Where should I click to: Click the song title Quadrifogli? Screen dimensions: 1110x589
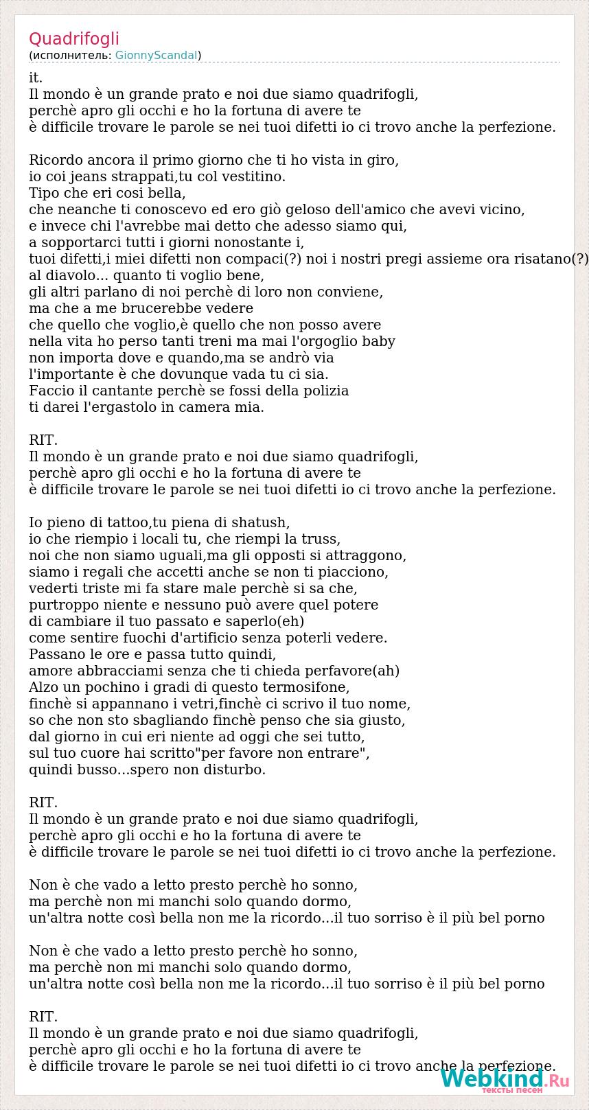[x=74, y=39]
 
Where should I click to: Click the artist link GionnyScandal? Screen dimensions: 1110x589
[x=157, y=56]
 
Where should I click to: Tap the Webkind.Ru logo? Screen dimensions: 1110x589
[x=505, y=1080]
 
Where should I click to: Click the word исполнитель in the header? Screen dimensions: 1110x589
[x=71, y=56]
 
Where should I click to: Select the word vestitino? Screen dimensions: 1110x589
[x=250, y=177]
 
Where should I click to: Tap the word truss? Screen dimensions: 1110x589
[x=321, y=540]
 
